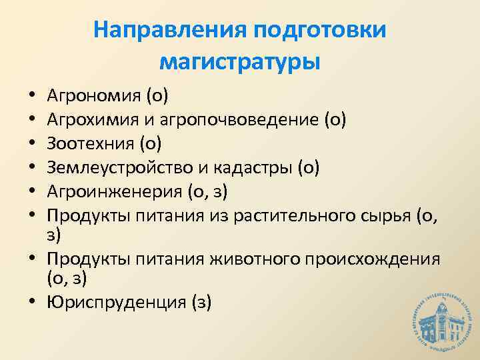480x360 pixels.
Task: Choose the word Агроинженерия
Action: [x=111, y=191]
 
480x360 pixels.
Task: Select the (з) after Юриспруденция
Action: [x=201, y=302]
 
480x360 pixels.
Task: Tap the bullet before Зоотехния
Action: [x=32, y=144]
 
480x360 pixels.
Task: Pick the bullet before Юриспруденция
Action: [x=32, y=303]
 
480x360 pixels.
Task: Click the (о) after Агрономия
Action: [x=157, y=97]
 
